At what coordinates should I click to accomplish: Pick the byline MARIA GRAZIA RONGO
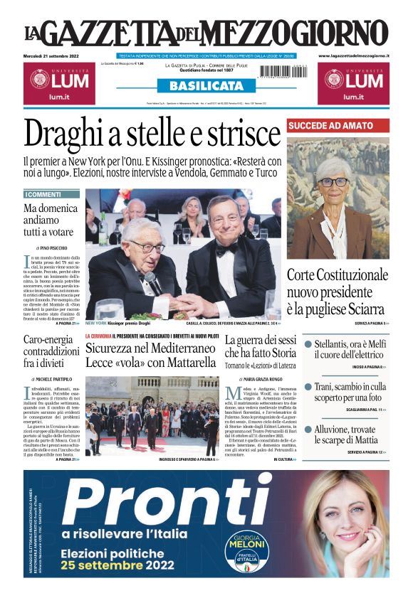pos(261,380)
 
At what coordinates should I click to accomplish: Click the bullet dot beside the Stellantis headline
pos(308,345)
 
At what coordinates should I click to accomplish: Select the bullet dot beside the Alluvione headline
pos(308,429)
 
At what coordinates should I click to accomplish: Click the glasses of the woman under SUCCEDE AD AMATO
pos(333,182)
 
